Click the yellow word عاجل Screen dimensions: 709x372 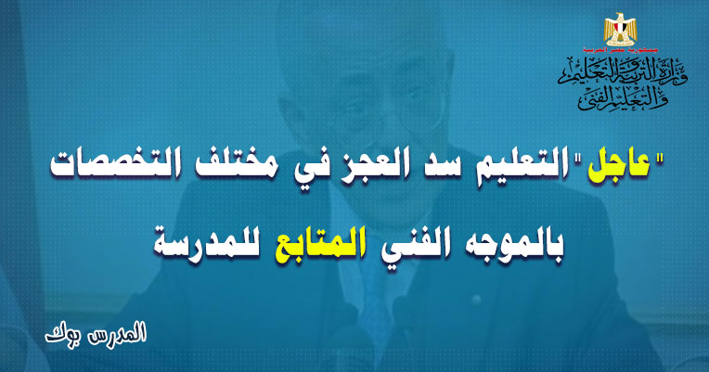[x=619, y=166]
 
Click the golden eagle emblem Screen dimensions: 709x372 [x=620, y=30]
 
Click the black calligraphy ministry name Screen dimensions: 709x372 [x=622, y=84]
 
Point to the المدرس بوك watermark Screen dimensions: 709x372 [x=96, y=333]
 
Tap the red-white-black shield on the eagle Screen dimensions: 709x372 [x=620, y=31]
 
